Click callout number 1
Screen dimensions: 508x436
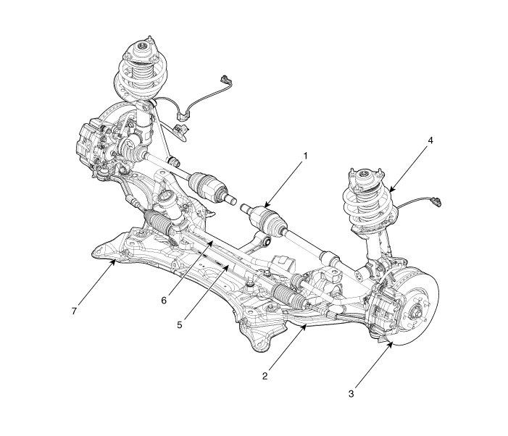click(x=305, y=156)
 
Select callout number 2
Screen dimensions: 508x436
click(x=265, y=376)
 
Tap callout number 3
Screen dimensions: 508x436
click(x=351, y=394)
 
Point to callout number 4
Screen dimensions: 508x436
click(x=430, y=141)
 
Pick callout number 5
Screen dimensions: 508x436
click(x=180, y=324)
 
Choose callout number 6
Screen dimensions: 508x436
click(x=164, y=301)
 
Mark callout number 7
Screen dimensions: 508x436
click(x=74, y=311)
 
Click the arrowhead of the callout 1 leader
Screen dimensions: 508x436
click(x=267, y=204)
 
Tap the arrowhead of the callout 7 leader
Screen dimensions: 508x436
click(x=113, y=262)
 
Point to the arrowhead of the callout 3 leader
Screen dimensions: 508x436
click(x=391, y=345)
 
